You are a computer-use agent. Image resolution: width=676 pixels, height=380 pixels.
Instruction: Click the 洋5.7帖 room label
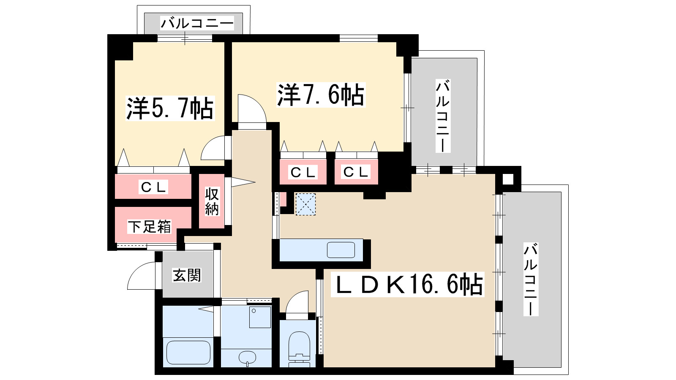(x=170, y=109)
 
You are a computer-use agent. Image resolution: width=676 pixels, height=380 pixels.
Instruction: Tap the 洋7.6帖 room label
(x=320, y=95)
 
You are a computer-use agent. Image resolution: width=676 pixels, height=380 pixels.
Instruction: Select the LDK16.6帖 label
(x=408, y=284)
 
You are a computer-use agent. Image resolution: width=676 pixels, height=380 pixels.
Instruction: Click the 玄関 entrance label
(x=187, y=275)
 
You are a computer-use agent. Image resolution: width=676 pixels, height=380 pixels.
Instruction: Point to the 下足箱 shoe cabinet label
(x=150, y=227)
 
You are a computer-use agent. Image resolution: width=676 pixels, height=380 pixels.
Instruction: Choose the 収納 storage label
(x=212, y=201)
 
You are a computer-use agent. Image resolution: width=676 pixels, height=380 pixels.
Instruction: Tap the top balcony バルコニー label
(x=196, y=23)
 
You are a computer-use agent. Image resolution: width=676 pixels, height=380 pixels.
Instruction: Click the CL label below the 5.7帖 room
(x=154, y=187)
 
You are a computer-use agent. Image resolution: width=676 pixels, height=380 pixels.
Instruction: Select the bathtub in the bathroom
(x=188, y=352)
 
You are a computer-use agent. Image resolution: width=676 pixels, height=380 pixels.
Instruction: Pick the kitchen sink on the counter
(x=341, y=250)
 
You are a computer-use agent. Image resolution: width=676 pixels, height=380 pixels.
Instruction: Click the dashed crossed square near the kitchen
(x=305, y=204)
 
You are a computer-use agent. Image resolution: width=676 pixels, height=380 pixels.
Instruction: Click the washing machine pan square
(x=260, y=317)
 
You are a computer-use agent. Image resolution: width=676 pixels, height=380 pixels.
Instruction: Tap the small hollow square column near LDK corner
(x=507, y=179)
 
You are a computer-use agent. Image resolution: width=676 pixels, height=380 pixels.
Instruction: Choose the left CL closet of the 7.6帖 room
(x=303, y=172)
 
